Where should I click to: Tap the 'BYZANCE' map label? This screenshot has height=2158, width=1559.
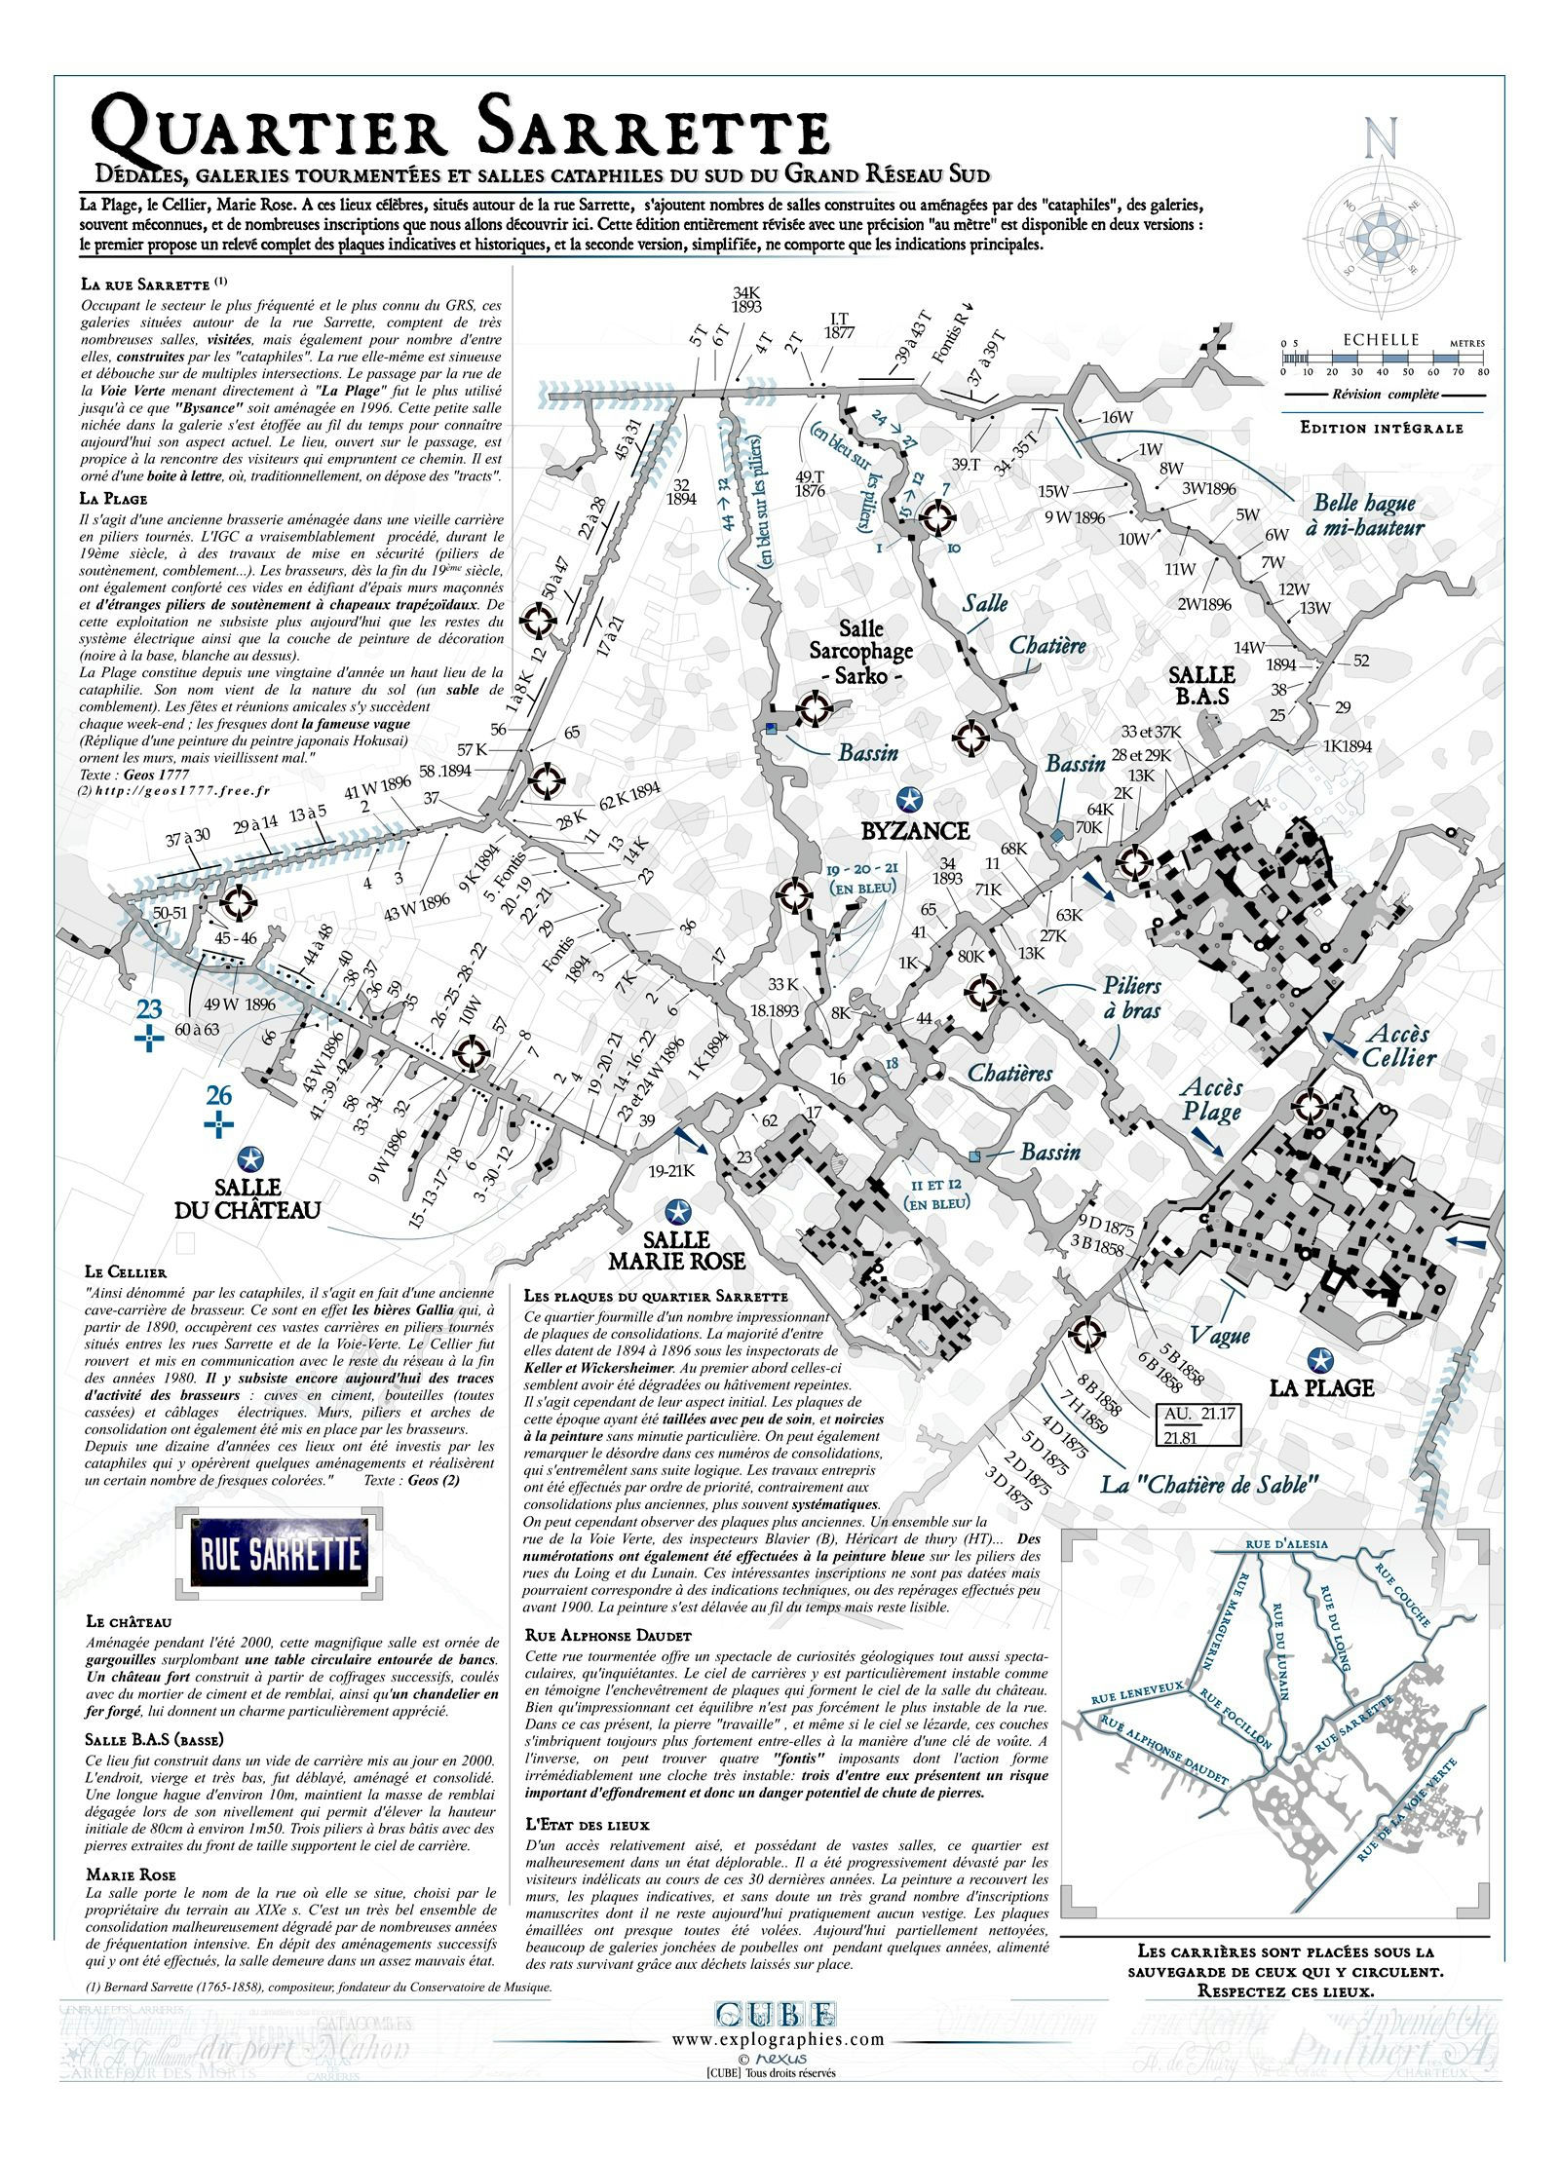[x=915, y=831]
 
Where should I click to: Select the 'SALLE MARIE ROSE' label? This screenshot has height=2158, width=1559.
[x=676, y=1250]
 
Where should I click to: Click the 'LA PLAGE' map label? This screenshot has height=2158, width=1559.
[x=1321, y=1387]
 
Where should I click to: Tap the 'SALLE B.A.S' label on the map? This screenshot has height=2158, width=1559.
[x=1201, y=685]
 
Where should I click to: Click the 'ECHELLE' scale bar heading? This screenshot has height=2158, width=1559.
[x=1381, y=340]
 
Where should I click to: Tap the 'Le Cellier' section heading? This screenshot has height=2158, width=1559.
[x=126, y=1271]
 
